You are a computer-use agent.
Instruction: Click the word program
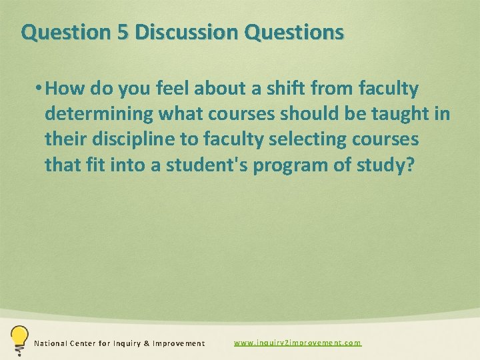pyautogui.click(x=301, y=164)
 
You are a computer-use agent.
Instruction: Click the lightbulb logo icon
pyautogui.click(x=19, y=339)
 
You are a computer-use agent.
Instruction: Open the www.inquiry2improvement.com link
pyautogui.click(x=297, y=343)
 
